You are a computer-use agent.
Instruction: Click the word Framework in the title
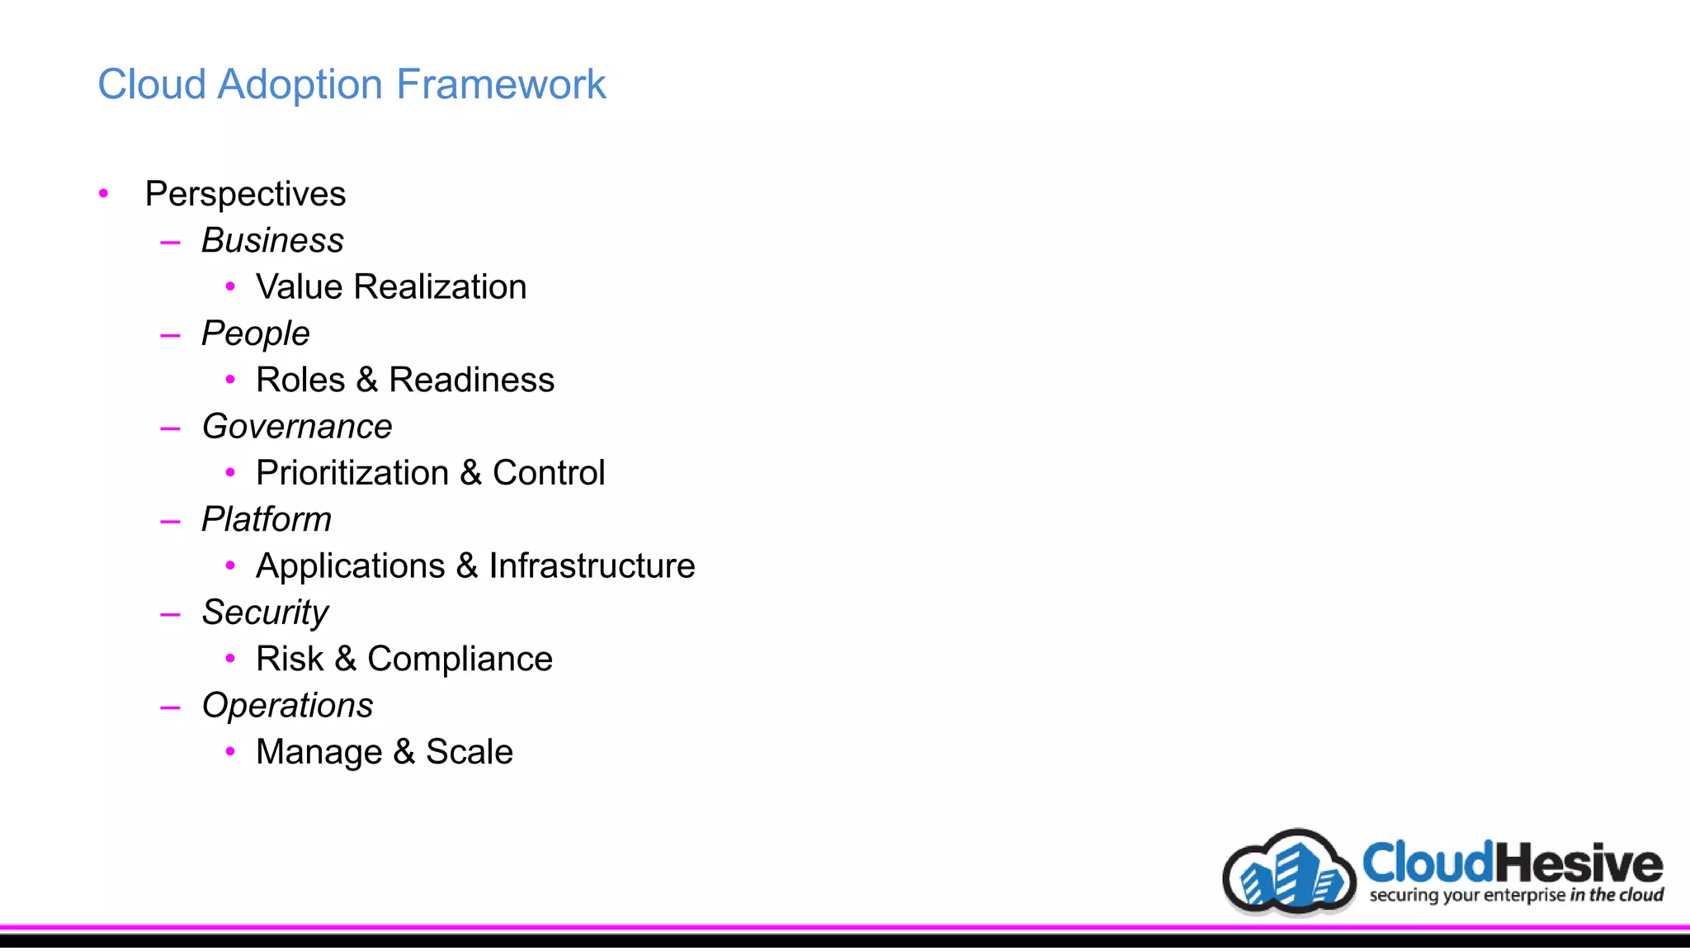[x=501, y=84]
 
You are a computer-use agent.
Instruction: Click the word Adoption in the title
[x=302, y=84]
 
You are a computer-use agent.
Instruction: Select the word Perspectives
[x=245, y=194]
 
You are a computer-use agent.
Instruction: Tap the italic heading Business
[x=272, y=240]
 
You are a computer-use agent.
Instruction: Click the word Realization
[x=440, y=286]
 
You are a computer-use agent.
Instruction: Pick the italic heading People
[x=255, y=334]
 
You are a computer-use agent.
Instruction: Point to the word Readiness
[x=471, y=380]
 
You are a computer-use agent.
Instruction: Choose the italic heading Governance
[x=297, y=427]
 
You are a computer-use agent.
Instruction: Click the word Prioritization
[x=352, y=473]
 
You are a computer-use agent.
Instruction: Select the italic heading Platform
[x=267, y=519]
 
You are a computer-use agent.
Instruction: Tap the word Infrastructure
[x=592, y=566]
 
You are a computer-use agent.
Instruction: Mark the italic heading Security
[x=265, y=613]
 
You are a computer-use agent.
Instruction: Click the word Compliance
[x=460, y=659]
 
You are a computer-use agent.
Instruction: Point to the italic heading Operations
[x=287, y=706]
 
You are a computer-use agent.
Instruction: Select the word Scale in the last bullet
[x=469, y=752]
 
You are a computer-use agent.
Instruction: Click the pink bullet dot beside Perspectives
[x=103, y=194]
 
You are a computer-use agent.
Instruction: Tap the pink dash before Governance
[x=171, y=428]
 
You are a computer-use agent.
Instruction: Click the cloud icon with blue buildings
[x=1289, y=873]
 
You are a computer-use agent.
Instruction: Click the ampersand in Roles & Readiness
[x=367, y=381]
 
